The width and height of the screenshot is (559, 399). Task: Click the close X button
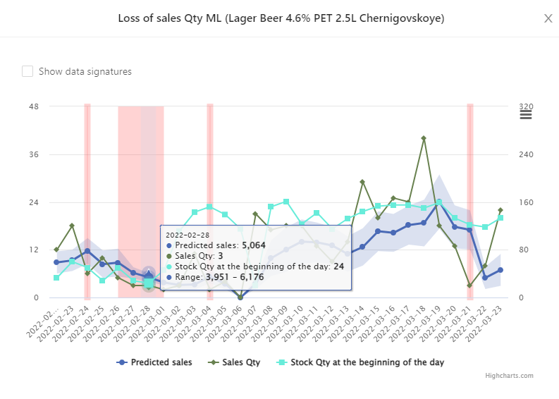[548, 18]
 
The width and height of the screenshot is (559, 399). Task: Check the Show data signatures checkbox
[27, 71]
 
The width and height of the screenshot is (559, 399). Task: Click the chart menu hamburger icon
[525, 115]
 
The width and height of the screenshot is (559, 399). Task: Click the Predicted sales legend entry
[154, 362]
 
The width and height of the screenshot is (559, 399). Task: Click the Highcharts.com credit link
[509, 376]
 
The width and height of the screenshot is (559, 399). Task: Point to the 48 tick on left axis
[34, 107]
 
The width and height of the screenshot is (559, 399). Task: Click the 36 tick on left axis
[34, 155]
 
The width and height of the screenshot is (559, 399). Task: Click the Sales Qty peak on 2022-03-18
[424, 139]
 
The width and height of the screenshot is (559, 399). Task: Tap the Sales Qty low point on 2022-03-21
[469, 286]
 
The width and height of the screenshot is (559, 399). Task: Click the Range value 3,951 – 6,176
[235, 277]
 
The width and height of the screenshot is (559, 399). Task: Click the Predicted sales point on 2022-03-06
[240, 297]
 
